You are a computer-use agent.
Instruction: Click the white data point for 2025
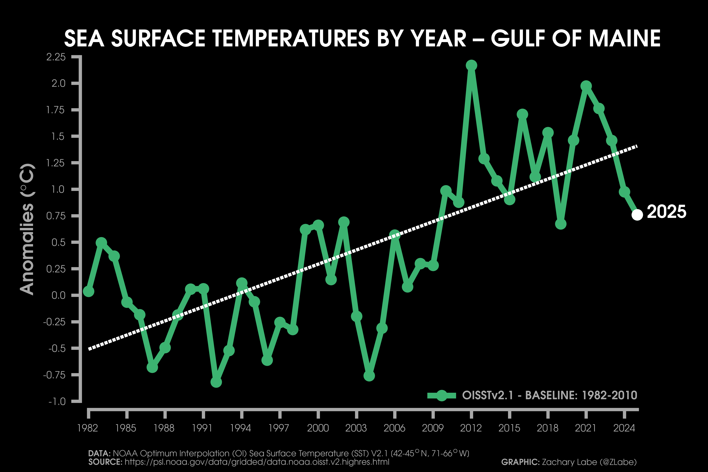[637, 215]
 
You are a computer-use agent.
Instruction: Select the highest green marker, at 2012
[471, 65]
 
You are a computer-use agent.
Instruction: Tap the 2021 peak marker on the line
[586, 86]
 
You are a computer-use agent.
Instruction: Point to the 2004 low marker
[369, 376]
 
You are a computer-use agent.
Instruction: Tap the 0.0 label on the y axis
[58, 295]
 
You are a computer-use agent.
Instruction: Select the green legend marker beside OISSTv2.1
[442, 395]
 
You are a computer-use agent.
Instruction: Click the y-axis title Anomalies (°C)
[27, 229]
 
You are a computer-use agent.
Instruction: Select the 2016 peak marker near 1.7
[522, 114]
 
